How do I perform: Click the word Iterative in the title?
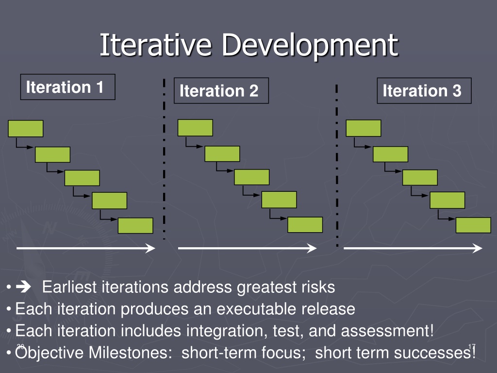155,45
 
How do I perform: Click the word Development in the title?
310,46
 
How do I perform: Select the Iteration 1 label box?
68,87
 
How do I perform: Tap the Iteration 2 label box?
221,91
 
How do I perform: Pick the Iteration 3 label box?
424,91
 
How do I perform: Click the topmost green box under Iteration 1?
26,128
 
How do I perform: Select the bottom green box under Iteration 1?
135,225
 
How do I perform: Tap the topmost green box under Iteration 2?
195,128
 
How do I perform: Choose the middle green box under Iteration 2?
252,177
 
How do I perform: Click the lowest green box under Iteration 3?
473,225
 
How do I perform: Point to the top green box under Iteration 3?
364,128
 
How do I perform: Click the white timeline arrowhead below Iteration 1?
150,248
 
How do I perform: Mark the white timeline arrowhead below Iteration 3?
478,248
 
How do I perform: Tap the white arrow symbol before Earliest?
23,287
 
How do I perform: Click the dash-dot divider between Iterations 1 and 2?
164,159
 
